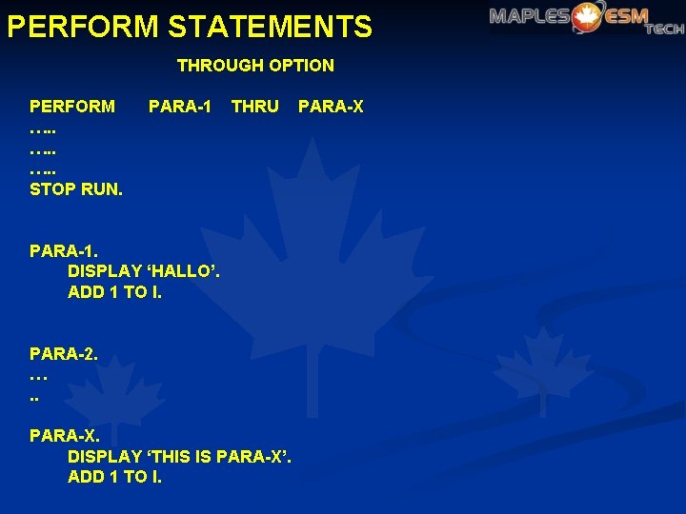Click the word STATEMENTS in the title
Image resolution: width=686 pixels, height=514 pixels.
click(270, 26)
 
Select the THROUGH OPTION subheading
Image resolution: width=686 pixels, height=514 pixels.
click(255, 66)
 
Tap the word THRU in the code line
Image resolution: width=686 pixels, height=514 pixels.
click(255, 106)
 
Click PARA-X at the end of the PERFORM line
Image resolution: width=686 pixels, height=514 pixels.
click(331, 106)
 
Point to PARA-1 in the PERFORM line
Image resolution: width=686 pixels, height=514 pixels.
click(180, 106)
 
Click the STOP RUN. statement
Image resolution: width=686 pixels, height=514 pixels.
click(76, 188)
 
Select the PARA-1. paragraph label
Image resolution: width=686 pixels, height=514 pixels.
click(64, 251)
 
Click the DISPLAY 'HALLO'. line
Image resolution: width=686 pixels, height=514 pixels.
click(144, 271)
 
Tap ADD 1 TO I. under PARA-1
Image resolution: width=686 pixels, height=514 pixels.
click(115, 292)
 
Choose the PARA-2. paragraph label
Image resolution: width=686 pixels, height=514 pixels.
click(64, 354)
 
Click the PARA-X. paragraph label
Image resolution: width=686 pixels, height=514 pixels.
click(64, 436)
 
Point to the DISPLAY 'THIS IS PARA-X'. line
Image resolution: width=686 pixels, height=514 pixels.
click(180, 456)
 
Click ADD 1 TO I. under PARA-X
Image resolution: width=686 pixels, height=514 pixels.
click(115, 477)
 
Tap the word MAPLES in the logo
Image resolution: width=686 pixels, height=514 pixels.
click(529, 16)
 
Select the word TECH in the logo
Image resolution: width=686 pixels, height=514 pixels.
click(664, 29)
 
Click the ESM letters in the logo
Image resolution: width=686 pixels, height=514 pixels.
click(624, 16)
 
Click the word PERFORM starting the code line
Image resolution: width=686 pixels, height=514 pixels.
click(72, 106)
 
